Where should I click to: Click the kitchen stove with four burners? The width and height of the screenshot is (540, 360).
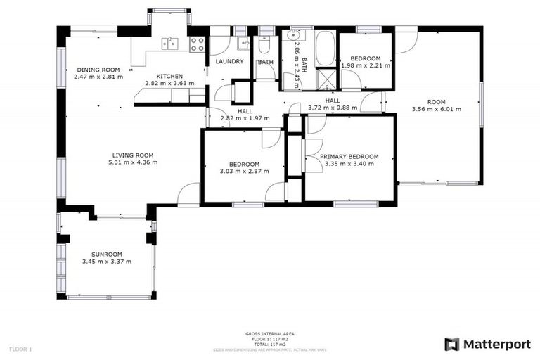[198, 44]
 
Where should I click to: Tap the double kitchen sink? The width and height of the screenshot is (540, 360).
[169, 44]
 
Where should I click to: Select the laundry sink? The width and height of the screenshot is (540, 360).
[243, 44]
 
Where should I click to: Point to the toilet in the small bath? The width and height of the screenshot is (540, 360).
[265, 46]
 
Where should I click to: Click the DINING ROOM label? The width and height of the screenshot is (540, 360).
[98, 70]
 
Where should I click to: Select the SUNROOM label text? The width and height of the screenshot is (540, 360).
[107, 255]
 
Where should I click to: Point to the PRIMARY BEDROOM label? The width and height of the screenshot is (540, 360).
[349, 157]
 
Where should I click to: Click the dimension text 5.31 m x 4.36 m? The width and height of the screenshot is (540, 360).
[133, 162]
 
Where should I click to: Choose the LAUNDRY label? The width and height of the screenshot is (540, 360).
[229, 62]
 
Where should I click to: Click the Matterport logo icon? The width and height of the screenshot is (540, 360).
[452, 344]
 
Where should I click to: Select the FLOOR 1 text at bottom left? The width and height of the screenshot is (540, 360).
[20, 349]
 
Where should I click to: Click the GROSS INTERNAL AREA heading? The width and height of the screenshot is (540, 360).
[270, 333]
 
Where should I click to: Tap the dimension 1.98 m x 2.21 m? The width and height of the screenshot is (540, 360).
[366, 65]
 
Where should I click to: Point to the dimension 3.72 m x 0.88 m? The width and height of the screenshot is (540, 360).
[333, 108]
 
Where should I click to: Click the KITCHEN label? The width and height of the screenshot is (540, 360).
[169, 76]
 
